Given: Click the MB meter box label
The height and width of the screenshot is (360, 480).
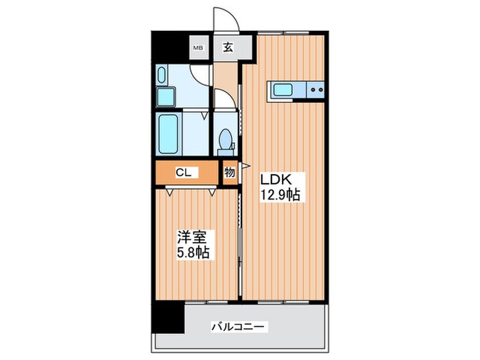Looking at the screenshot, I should click(198, 48).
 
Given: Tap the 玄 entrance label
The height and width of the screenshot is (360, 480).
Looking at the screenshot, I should click(226, 48).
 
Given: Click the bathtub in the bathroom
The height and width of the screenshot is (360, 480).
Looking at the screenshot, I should click(169, 134).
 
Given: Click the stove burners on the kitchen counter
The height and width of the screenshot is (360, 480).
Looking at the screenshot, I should click(316, 88).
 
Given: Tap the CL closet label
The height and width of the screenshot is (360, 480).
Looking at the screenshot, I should click(182, 173).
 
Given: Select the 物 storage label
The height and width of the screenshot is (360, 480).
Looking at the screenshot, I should click(230, 173).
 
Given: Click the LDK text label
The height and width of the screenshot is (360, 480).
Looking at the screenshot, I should click(277, 180).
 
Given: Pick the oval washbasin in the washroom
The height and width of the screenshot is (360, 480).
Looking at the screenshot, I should click(163, 74).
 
